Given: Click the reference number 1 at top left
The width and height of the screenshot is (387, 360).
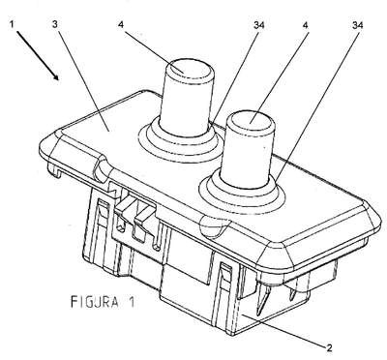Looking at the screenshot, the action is coord(12,24).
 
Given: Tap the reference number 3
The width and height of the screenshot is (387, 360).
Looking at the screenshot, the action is coord(55,24).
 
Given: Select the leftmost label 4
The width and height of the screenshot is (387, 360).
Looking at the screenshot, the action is coord(121,24).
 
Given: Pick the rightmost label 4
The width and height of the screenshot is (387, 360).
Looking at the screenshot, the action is coord(306,24).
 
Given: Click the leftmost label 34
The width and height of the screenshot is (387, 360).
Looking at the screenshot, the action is coord(259,24).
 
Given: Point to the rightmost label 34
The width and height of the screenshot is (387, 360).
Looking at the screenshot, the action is coord(357,24).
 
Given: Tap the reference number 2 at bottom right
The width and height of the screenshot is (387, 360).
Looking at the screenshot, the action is coord(329,347).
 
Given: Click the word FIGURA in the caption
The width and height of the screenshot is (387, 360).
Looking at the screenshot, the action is coord(94,302).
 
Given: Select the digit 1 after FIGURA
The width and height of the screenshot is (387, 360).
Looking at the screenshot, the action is coord(131,302).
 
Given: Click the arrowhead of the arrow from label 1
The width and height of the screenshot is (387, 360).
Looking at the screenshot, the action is coord(56,76).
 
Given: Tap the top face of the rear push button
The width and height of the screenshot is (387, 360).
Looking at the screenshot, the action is coord(191,69).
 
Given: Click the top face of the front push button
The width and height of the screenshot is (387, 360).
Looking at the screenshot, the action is coord(251,122).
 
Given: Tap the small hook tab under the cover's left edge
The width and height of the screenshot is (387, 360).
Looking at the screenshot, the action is coord(54,169).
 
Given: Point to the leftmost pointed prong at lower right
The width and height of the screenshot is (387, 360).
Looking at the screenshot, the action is coord(261,298).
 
